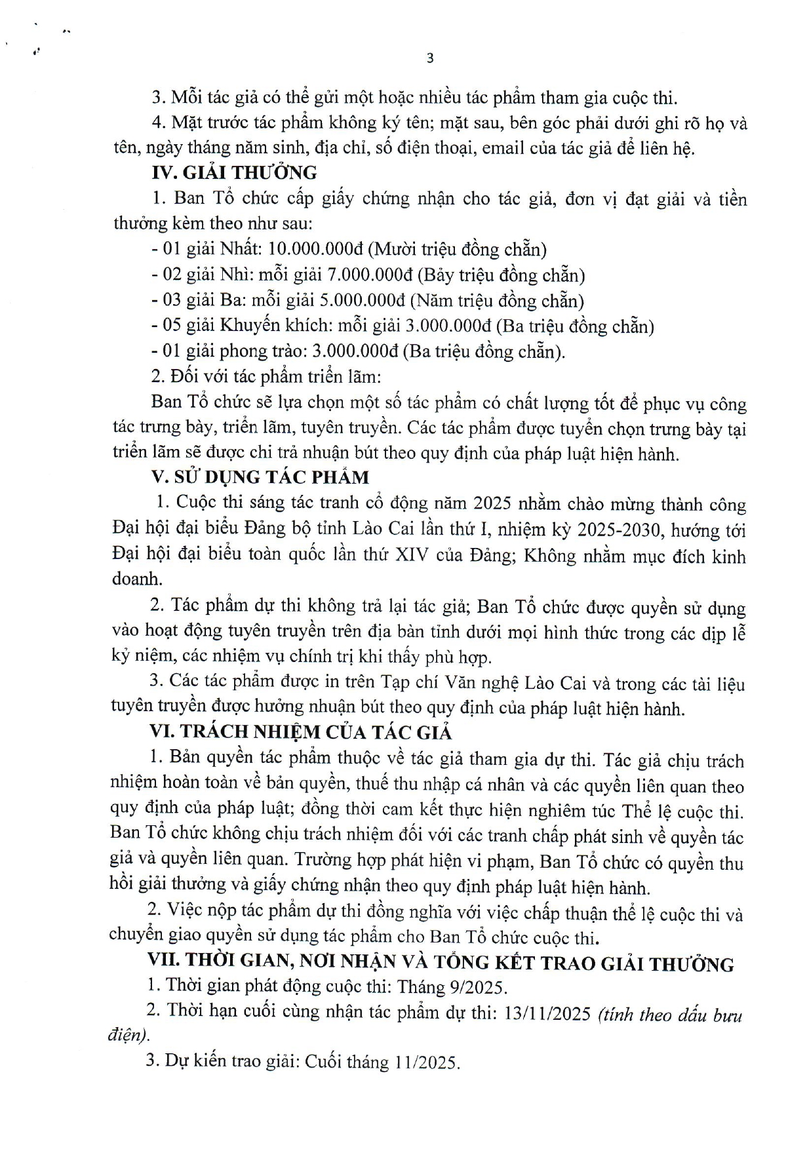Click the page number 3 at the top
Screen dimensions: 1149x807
point(430,58)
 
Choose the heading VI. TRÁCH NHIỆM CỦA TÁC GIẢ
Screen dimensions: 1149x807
point(301,732)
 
